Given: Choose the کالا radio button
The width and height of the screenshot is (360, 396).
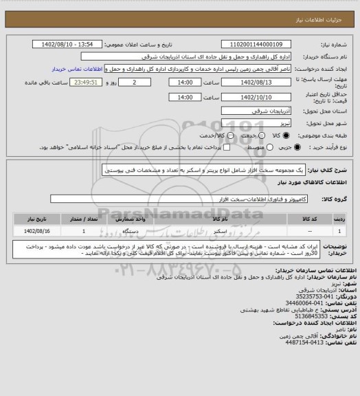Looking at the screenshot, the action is coord(279,134).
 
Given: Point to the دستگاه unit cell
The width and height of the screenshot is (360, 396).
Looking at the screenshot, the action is coord(131,232).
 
